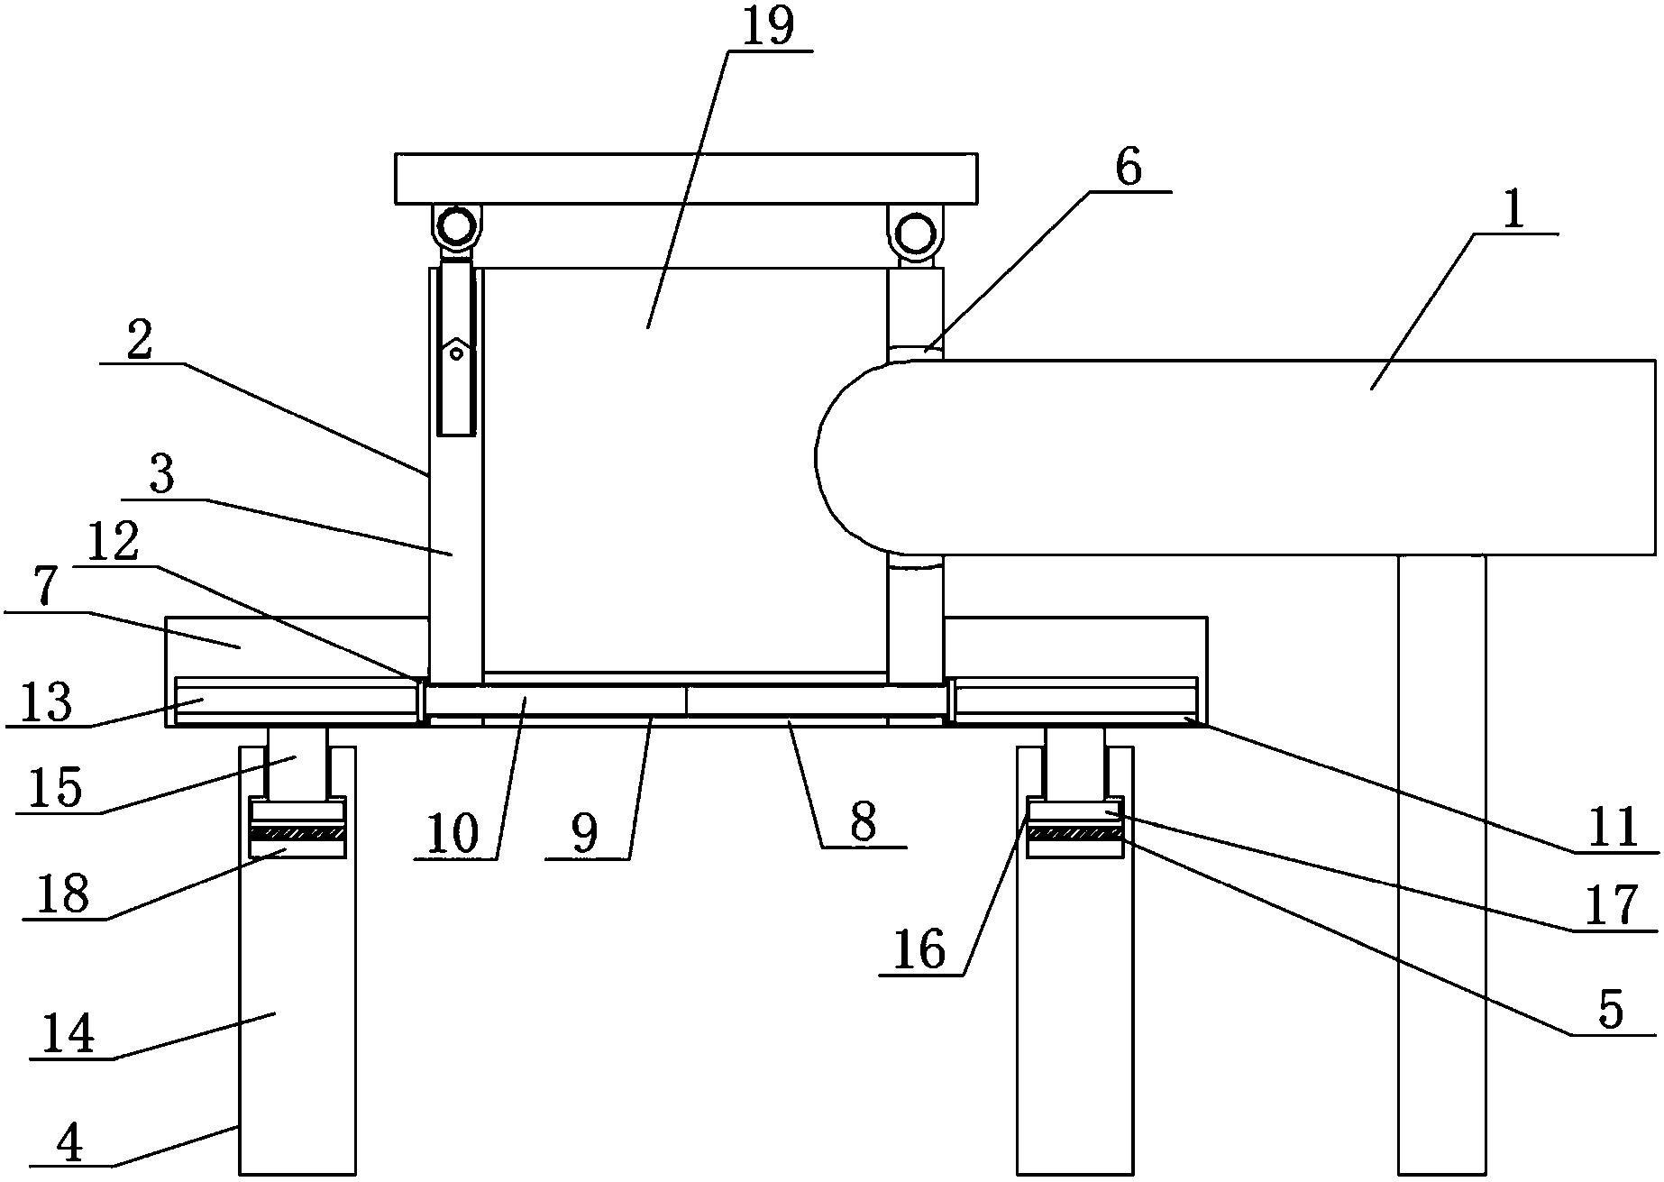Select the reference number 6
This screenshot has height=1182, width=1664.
pos(1129,167)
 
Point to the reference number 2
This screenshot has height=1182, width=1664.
pos(140,341)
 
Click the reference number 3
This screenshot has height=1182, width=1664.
pos(161,475)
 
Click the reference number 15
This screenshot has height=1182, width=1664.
pos(55,788)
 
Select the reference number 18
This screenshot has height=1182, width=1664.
pos(64,894)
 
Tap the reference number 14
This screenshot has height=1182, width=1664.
pos(69,1034)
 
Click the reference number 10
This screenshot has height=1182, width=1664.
pos(453,834)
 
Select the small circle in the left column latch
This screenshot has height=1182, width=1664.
pos(457,354)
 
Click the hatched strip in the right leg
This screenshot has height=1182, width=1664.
pos(1075,833)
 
